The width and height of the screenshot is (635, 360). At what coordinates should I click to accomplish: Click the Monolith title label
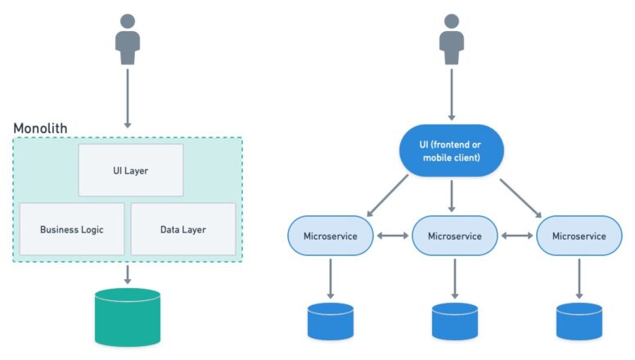(x=40, y=128)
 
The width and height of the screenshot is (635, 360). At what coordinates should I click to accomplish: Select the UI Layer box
(x=131, y=170)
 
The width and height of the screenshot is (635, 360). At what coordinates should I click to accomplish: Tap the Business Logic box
(x=72, y=229)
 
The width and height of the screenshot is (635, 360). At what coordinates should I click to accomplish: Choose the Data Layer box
(x=183, y=229)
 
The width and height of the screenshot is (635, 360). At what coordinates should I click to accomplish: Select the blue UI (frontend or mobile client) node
(x=450, y=151)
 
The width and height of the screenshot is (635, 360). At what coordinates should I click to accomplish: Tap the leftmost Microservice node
(x=331, y=236)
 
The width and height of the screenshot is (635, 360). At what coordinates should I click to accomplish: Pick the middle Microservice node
(x=454, y=236)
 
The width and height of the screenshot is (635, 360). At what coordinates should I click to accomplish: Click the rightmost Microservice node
(x=579, y=236)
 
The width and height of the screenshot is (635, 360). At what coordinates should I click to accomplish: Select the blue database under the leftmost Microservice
(x=331, y=321)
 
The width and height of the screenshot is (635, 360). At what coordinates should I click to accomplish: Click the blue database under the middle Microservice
(x=454, y=321)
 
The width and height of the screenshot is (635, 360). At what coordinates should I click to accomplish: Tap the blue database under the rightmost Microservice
(x=579, y=321)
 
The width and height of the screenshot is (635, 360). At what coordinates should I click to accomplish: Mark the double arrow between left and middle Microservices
(x=393, y=236)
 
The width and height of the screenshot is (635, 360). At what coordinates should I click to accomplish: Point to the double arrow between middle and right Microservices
(x=517, y=236)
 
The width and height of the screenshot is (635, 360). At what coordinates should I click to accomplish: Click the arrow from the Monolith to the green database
(x=127, y=273)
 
